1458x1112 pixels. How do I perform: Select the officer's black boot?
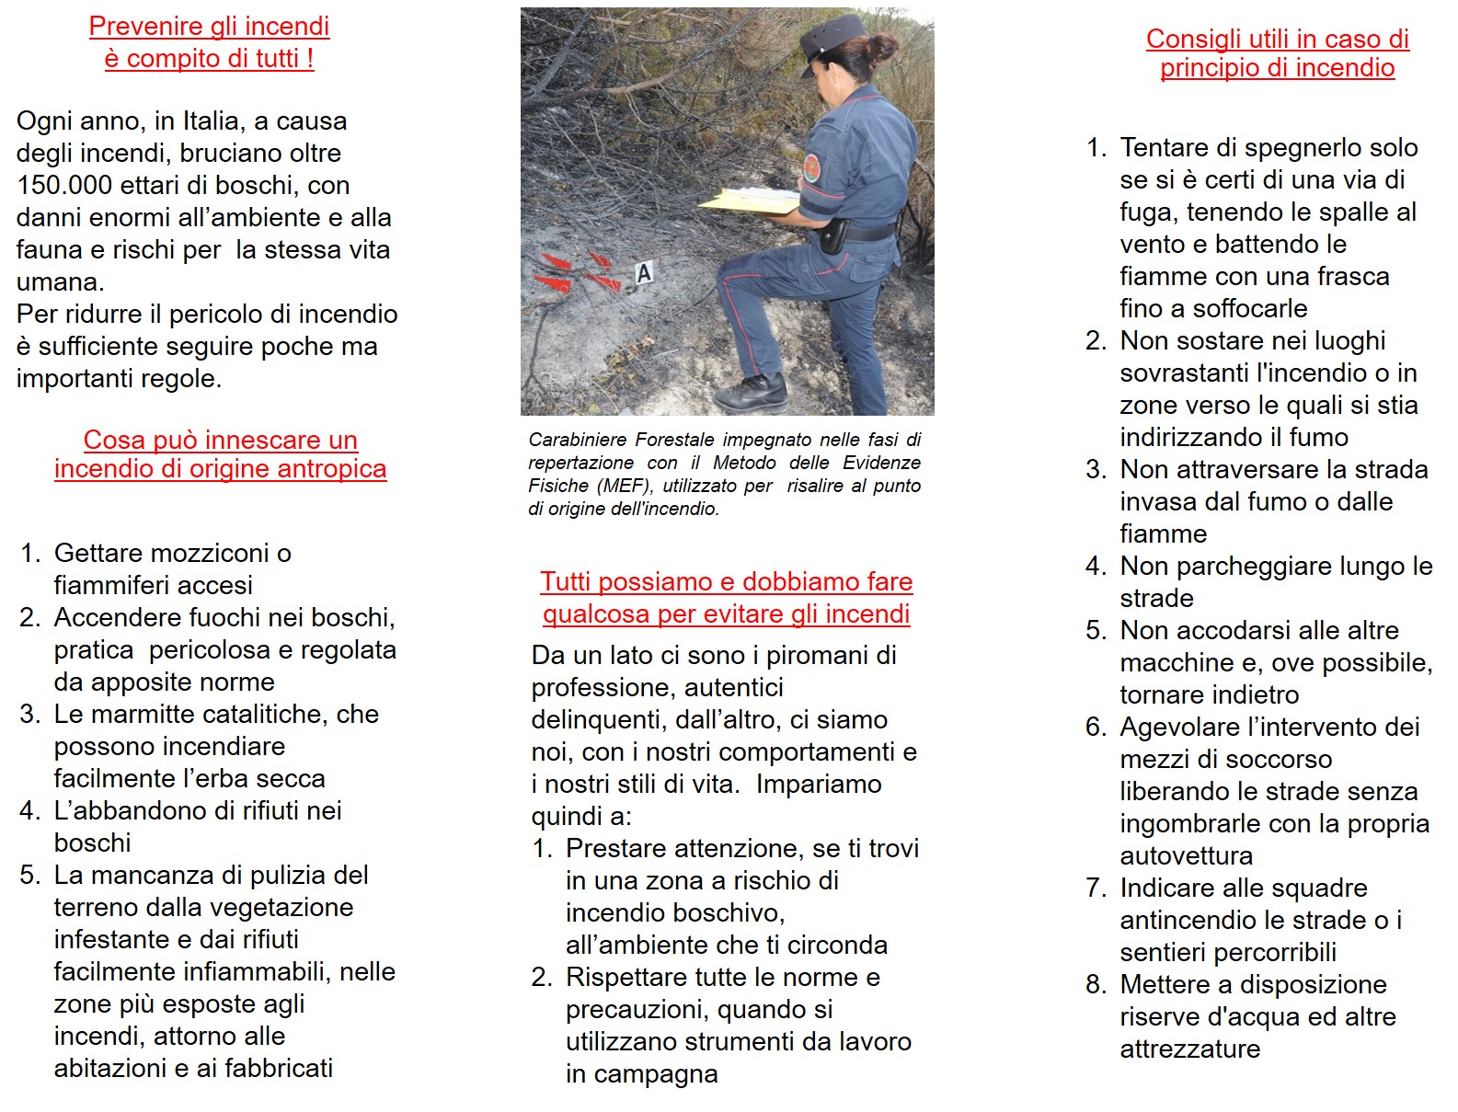click(x=752, y=393)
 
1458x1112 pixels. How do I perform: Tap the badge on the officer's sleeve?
click(x=811, y=168)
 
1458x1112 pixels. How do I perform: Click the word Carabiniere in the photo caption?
click(x=578, y=441)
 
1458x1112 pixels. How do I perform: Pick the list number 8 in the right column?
click(x=1095, y=985)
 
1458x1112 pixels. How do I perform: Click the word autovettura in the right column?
click(x=1186, y=856)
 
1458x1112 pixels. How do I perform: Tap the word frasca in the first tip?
click(x=1349, y=277)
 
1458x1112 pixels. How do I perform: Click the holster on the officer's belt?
click(x=832, y=236)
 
